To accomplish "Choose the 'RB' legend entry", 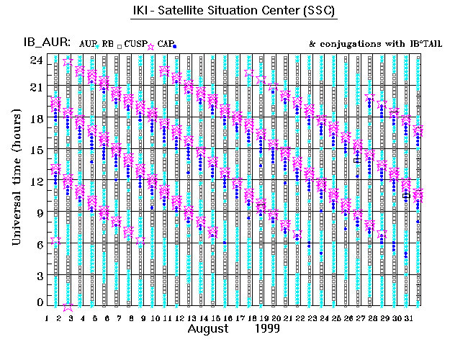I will coord(107,44).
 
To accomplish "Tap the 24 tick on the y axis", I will coord(37,60).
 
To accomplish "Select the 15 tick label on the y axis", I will coord(37,150).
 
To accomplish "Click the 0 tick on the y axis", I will coord(40,303).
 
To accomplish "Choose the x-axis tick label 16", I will coord(228,317).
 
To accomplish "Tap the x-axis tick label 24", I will coord(323,317).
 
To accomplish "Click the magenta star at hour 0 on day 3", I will coord(68,306).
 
